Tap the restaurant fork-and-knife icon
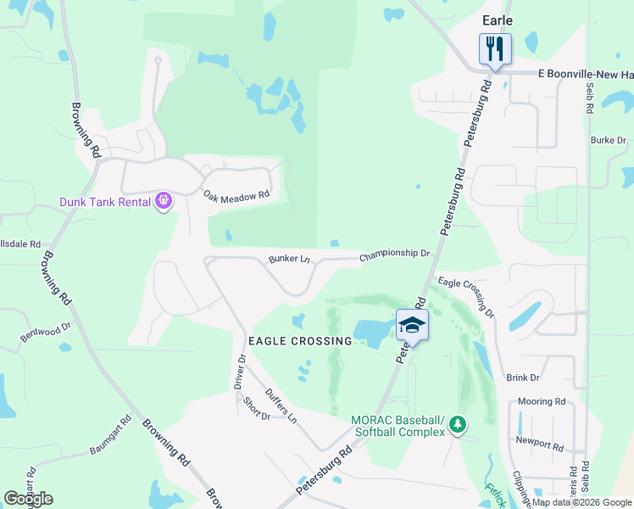(x=495, y=48)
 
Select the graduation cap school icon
(x=412, y=324)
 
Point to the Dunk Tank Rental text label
(x=104, y=202)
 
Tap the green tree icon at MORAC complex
(x=458, y=423)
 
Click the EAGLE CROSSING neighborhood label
(x=299, y=341)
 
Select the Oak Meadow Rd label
(x=236, y=195)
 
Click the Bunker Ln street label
(x=289, y=258)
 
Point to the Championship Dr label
(x=395, y=254)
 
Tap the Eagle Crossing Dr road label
(x=465, y=297)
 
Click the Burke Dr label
(x=608, y=140)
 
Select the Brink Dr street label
(x=523, y=378)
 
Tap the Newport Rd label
(x=539, y=445)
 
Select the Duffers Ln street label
(x=280, y=406)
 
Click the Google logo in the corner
(x=28, y=499)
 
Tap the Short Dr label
(x=255, y=409)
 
